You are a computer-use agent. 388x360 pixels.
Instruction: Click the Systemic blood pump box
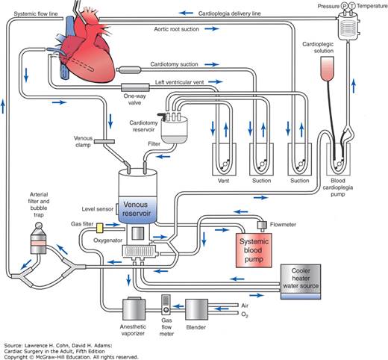tap(254, 250)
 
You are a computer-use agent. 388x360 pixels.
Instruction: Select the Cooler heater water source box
tap(301, 282)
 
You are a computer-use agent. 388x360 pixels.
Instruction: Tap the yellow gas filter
tap(99, 228)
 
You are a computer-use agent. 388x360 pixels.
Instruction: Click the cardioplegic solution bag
tap(327, 69)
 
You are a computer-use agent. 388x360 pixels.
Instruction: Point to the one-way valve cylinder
tap(135, 87)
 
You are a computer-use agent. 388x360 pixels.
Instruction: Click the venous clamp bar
tap(104, 142)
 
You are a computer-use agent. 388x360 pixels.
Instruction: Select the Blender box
tap(196, 309)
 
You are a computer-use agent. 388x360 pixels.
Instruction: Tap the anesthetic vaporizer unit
tap(134, 308)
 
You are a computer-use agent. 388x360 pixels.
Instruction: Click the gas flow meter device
tap(166, 304)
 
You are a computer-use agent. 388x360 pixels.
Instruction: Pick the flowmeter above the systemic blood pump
tap(262, 225)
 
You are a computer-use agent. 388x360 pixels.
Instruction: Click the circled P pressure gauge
tap(344, 6)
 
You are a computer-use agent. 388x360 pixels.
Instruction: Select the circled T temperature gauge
tap(351, 6)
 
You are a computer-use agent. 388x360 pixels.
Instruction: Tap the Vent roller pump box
tap(224, 159)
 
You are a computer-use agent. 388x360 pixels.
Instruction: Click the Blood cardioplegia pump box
tap(338, 159)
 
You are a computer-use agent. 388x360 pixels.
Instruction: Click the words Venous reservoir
tap(137, 208)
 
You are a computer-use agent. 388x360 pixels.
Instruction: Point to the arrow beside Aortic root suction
tap(212, 29)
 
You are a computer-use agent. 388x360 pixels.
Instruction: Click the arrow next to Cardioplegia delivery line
tap(186, 13)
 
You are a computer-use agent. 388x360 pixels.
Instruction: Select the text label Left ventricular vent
tap(179, 82)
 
